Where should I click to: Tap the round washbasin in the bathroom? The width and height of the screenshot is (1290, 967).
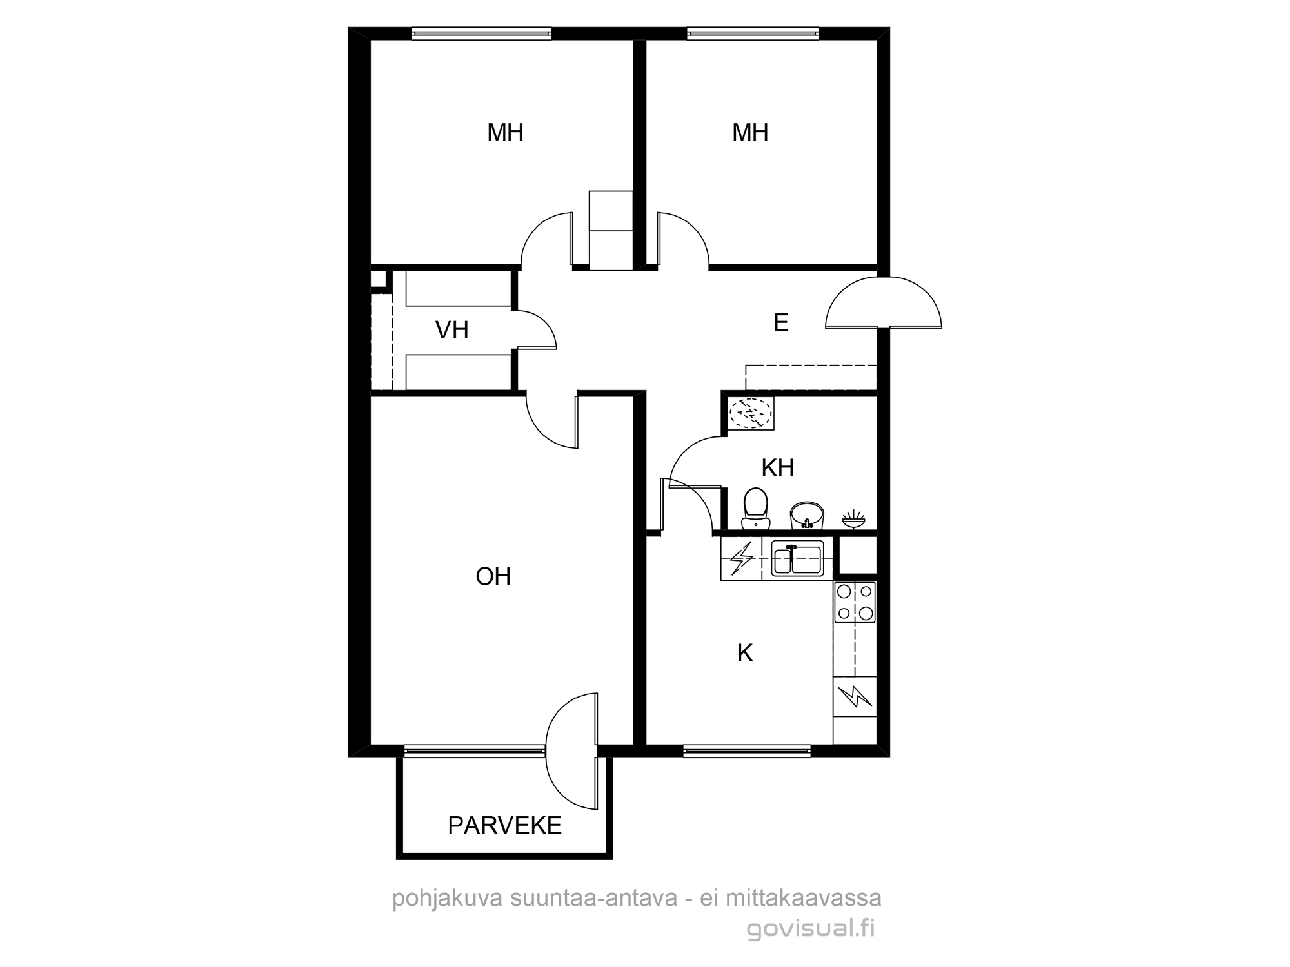tap(807, 514)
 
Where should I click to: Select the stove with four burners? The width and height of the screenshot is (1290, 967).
tap(855, 602)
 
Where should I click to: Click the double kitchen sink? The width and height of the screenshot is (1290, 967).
tap(798, 558)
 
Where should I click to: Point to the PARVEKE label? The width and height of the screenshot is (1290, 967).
tap(505, 826)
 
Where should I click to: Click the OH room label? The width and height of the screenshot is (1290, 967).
tap(493, 576)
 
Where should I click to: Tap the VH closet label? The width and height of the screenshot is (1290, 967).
tap(451, 330)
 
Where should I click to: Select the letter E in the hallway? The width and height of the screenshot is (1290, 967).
tap(781, 322)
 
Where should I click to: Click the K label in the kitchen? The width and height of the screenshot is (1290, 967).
tap(745, 653)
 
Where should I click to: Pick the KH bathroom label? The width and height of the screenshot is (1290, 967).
tap(777, 468)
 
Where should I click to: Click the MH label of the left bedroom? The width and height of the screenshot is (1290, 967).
tap(505, 133)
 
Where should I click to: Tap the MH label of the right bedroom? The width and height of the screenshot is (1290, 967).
tap(750, 133)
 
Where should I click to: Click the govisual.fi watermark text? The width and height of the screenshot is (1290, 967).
tap(811, 929)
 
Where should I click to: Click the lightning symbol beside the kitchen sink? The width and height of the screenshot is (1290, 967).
tap(741, 558)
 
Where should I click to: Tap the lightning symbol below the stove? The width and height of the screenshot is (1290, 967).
tap(855, 696)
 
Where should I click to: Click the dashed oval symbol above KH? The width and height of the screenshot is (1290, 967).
tap(750, 413)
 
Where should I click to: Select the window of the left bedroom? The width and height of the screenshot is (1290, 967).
tap(481, 34)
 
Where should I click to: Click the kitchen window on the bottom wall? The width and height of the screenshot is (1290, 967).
tap(746, 750)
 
